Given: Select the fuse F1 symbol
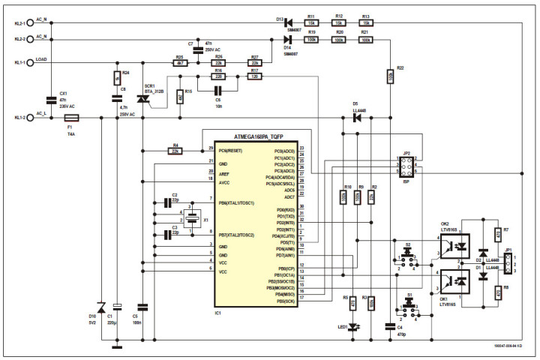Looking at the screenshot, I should (x=72, y=118).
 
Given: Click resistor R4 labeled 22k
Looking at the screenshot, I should (x=174, y=151).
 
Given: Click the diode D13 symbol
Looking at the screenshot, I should (x=286, y=22).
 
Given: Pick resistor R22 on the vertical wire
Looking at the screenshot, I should (x=391, y=75).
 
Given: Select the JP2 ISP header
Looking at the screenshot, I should (x=406, y=166).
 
